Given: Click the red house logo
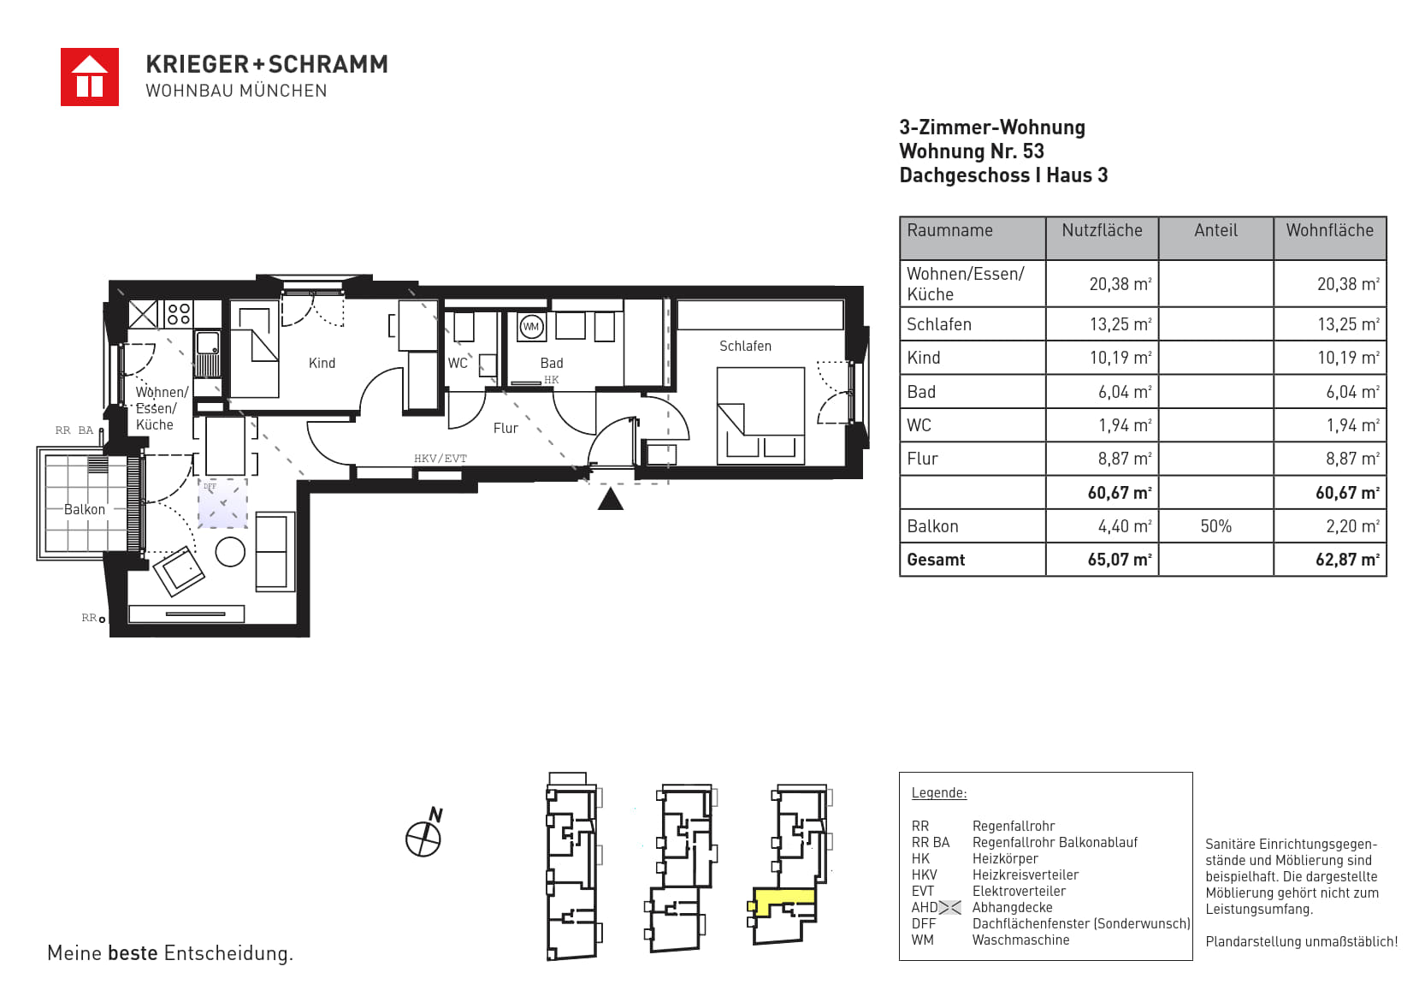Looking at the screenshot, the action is point(90,77).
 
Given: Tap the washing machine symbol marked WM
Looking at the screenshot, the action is point(531,327).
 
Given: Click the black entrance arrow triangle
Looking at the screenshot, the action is point(610,498).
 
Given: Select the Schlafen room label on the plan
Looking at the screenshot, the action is point(745,347).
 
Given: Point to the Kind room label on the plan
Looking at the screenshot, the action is point(322,363).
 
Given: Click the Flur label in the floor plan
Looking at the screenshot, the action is point(506,429).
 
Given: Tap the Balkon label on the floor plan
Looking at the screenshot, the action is point(85,509).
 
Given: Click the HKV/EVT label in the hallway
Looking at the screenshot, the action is point(441,458).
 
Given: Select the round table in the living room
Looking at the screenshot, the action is point(230,552).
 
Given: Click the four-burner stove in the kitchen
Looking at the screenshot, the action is point(179,314).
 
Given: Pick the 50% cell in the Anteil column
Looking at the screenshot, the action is point(1215,526).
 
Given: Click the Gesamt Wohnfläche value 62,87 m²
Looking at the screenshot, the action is point(1347,560).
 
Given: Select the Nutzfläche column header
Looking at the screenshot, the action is point(1102,230).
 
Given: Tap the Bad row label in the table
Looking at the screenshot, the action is point(921,391).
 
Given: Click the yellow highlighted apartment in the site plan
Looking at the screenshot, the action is point(783,898).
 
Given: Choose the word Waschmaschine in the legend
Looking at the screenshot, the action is point(1020,940).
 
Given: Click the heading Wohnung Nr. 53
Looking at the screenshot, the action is point(972,151).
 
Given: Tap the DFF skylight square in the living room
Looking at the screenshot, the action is point(222,503).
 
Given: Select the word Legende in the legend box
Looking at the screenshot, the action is point(939,793).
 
